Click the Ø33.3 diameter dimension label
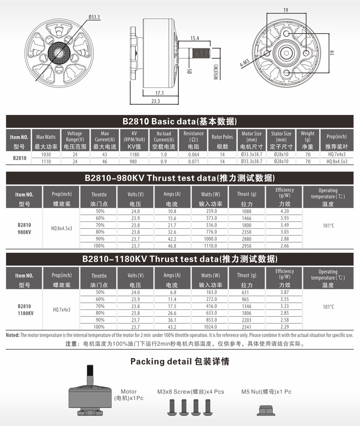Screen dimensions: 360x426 [x=94, y=17]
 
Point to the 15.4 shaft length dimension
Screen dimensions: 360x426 [x=194, y=38]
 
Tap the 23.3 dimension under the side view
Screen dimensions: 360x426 [x=156, y=101]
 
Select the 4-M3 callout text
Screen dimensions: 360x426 [x=244, y=63]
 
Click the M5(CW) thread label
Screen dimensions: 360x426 [x=216, y=72]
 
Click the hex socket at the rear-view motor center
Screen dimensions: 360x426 [x=287, y=53]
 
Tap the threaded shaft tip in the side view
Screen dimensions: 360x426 [x=202, y=53]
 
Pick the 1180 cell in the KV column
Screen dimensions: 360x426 [x=134, y=154]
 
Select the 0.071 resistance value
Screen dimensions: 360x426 [x=193, y=161]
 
